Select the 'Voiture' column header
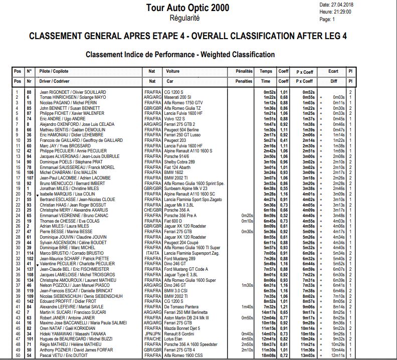pos(173,72)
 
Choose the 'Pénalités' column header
pos(244,72)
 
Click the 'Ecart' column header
pos(334,72)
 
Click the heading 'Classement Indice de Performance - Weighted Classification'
pos(180,54)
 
